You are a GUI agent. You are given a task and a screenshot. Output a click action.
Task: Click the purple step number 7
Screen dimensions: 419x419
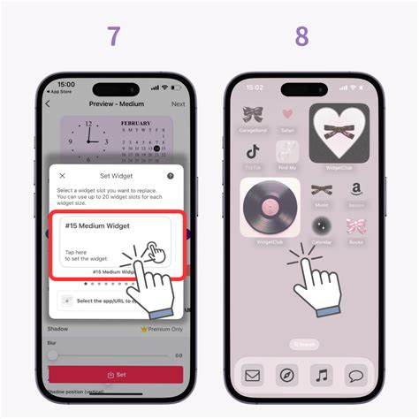click(114, 36)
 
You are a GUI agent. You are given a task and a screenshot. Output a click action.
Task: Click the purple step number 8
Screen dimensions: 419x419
click(302, 36)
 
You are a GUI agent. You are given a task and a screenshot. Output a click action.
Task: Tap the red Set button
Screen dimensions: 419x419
click(116, 375)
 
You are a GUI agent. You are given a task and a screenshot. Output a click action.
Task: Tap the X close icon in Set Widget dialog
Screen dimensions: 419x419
click(62, 176)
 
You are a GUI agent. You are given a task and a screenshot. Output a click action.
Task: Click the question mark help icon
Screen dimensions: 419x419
click(170, 176)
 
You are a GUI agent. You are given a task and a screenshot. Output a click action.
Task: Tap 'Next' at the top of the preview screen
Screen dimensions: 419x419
click(178, 103)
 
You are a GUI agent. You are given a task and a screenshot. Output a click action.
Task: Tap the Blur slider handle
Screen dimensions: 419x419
click(53, 354)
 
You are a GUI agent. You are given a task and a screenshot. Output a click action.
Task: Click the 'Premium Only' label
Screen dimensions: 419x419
click(162, 329)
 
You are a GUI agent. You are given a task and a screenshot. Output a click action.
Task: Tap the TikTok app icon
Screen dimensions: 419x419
click(253, 152)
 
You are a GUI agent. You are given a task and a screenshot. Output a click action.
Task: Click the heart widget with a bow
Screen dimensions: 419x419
click(339, 133)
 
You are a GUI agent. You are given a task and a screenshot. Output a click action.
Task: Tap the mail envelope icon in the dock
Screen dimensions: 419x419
click(252, 375)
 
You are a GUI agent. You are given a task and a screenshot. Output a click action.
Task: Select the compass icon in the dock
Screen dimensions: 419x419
click(287, 375)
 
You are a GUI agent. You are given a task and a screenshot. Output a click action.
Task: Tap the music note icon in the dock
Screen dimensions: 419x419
click(322, 375)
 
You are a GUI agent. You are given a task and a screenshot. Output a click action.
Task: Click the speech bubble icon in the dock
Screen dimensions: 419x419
click(356, 375)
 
